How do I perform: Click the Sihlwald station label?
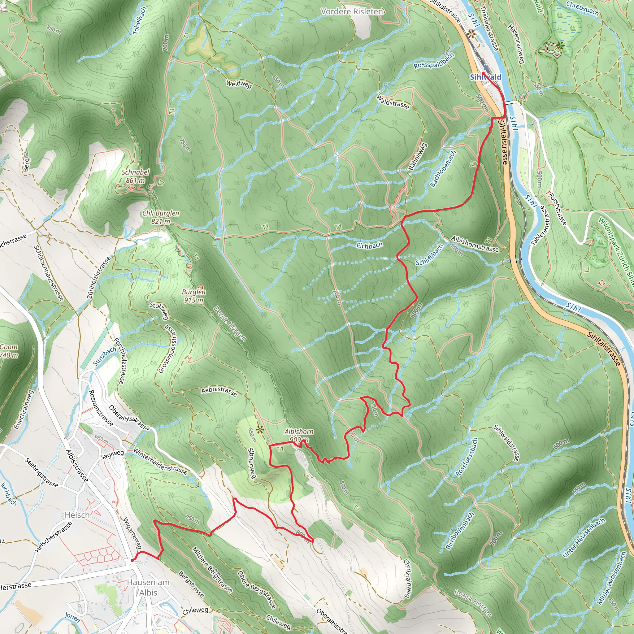pyautogui.click(x=485, y=77)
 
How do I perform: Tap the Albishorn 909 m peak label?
pyautogui.click(x=299, y=436)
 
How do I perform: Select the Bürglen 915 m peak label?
pyautogui.click(x=193, y=296)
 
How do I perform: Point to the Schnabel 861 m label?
pyautogui.click(x=135, y=176)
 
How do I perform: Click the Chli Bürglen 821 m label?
pyautogui.click(x=160, y=217)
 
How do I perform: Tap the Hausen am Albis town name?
pyautogui.click(x=148, y=587)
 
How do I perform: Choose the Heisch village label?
pyautogui.click(x=77, y=515)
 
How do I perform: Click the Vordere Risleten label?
pyautogui.click(x=352, y=12)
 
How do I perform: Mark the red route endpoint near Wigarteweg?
pyautogui.click(x=132, y=560)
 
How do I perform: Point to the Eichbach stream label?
pyautogui.click(x=370, y=245)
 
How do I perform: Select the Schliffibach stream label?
pyautogui.click(x=429, y=255)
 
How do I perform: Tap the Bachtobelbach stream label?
pyautogui.click(x=443, y=169)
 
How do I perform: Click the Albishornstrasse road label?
pyautogui.click(x=475, y=244)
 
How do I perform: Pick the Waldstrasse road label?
pyautogui.click(x=393, y=102)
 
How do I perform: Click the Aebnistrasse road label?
pyautogui.click(x=219, y=391)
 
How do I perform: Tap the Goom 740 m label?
pyautogui.click(x=9, y=351)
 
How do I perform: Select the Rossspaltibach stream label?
pyautogui.click(x=434, y=61)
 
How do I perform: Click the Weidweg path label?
pyautogui.click(x=239, y=84)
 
